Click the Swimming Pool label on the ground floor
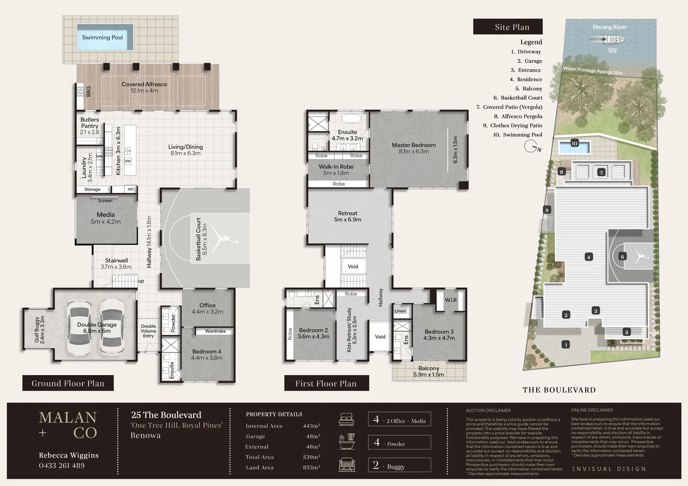tap(102, 37)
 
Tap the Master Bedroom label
tap(414, 148)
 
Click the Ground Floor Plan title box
tap(68, 383)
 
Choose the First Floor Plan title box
tap(326, 383)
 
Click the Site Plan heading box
tap(508, 27)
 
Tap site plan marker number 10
tap(574, 144)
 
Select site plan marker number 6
tap(622, 256)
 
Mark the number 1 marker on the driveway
tap(566, 345)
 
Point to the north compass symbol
tap(532, 147)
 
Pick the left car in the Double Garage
tap(79, 327)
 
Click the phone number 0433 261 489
tap(62, 465)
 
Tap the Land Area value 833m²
tap(311, 468)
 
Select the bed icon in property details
tap(346, 419)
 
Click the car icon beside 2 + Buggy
tap(347, 465)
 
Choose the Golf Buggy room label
tap(40, 330)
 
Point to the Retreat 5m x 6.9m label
tap(347, 216)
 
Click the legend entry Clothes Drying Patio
tap(516, 126)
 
